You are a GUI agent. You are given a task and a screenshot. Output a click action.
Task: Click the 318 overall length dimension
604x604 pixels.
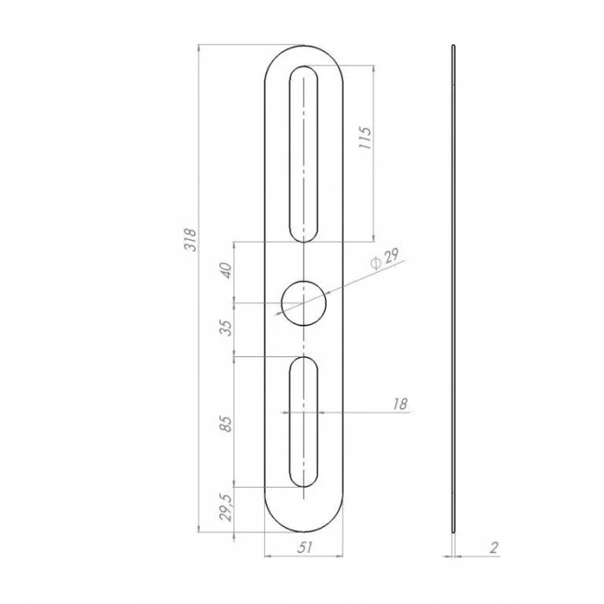[x=191, y=240]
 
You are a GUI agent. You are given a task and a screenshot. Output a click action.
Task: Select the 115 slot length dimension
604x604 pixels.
[x=365, y=137]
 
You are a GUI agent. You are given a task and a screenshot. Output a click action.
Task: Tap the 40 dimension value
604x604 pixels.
[x=226, y=270]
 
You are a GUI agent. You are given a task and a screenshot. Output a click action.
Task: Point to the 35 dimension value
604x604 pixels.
[x=227, y=328]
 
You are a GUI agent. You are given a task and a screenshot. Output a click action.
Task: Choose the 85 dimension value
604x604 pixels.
[x=226, y=424]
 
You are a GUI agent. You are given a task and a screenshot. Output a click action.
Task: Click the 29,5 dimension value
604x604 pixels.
[x=226, y=508]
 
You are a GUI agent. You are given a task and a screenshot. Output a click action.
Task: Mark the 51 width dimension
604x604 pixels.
[x=304, y=547]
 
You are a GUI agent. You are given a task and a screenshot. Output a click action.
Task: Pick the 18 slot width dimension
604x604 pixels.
[x=400, y=404]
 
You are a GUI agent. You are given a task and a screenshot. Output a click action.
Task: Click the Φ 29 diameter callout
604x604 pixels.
[x=385, y=259]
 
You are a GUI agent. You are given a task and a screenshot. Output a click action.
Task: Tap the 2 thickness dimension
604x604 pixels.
[x=494, y=548]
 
